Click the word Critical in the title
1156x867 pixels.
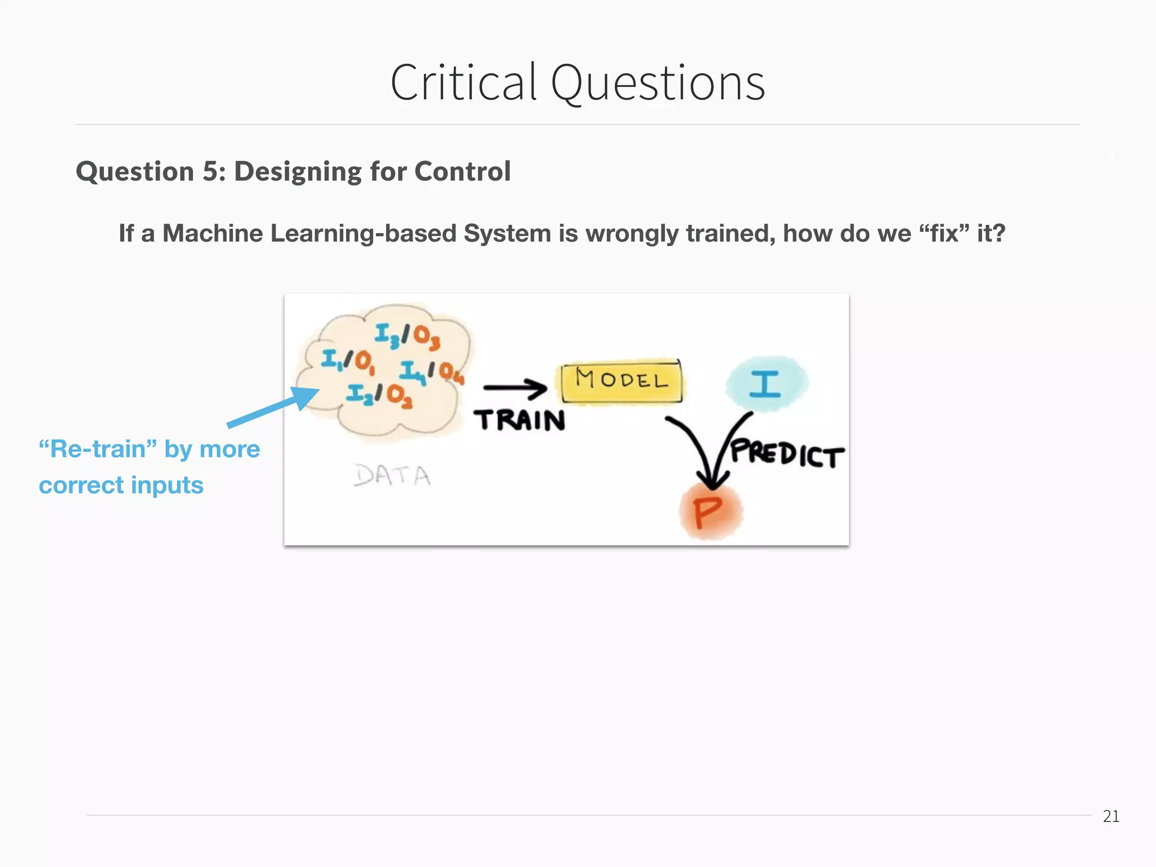click(463, 83)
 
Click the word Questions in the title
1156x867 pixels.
click(658, 83)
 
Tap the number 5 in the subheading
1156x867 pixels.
click(210, 171)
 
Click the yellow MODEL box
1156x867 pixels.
click(621, 381)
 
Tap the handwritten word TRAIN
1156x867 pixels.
click(519, 421)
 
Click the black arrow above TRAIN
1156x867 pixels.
click(515, 387)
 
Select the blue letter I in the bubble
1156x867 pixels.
click(765, 384)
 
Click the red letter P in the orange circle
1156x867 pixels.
click(708, 513)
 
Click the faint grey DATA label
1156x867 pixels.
click(392, 475)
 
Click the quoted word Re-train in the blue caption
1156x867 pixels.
click(98, 449)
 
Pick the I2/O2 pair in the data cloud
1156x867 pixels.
click(379, 395)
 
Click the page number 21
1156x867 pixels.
click(1111, 816)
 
